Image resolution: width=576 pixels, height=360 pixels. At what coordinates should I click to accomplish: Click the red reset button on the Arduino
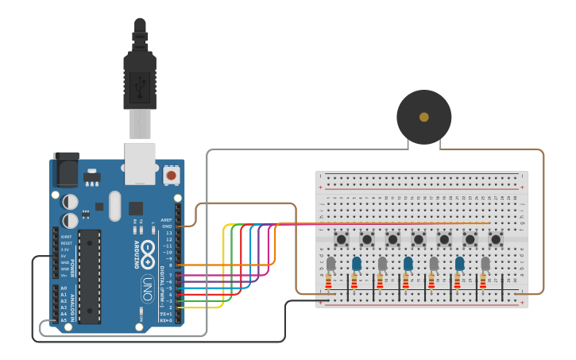coord(171,174)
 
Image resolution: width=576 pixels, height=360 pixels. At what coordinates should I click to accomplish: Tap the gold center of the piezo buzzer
coord(424,117)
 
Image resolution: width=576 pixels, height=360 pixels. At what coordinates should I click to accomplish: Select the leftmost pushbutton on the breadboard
coord(342,238)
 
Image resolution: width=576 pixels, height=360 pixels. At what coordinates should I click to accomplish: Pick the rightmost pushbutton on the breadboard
coord(496,238)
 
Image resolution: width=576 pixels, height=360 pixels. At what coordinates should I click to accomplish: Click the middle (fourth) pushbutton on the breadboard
coord(419,238)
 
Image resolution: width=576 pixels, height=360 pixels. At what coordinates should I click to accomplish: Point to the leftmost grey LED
coord(331,263)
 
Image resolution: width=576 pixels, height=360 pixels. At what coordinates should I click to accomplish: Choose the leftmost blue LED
coord(357,263)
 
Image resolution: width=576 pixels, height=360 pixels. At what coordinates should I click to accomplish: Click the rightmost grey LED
coord(485,263)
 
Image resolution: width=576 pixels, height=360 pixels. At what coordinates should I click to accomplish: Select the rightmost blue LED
coord(459,263)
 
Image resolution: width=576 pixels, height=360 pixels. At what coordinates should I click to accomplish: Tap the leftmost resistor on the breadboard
coord(329,281)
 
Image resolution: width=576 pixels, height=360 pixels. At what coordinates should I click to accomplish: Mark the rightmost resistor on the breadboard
coord(482,281)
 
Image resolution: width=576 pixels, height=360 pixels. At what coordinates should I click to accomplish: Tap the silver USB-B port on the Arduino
coord(140,163)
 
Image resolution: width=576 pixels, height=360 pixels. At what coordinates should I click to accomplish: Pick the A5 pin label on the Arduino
coord(64,320)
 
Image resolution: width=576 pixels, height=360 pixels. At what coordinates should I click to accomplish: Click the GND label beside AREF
coord(167,226)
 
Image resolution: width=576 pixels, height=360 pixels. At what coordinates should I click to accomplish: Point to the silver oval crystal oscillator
coord(115,206)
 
